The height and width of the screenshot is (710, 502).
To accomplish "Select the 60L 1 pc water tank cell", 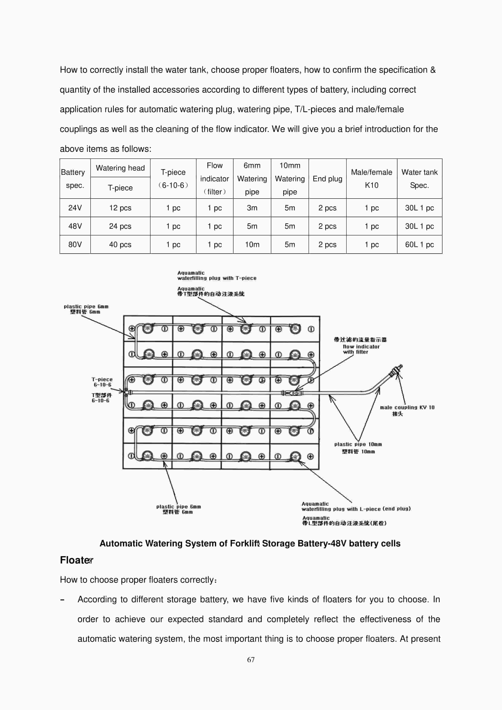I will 419,244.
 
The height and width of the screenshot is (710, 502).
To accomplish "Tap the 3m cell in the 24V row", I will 252,208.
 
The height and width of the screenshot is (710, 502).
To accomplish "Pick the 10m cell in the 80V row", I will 252,244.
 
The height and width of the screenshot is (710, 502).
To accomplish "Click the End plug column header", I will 327,179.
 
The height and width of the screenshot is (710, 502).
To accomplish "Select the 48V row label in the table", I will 75,226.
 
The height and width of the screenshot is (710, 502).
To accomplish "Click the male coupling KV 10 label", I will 407,407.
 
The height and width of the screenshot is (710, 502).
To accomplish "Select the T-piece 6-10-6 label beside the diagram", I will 102,382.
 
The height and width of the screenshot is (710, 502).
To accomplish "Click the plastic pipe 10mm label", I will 358,444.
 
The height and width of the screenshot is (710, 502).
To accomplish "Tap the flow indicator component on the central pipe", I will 292,393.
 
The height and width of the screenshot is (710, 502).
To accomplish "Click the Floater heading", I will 76,560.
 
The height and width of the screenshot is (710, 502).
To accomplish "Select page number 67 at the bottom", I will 251,660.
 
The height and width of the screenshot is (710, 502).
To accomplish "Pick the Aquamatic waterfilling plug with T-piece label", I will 216,276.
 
